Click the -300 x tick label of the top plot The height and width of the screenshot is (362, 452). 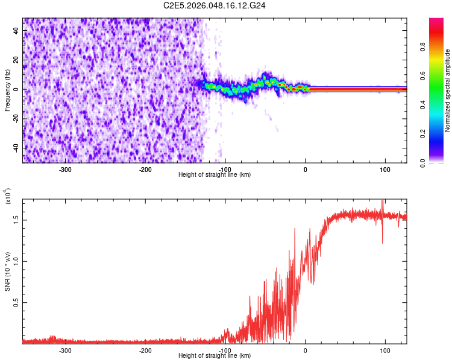pyautogui.click(x=65, y=170)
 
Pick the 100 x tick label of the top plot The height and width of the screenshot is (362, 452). pyautogui.click(x=385, y=170)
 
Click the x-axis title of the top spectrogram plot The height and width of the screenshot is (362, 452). pyautogui.click(x=215, y=175)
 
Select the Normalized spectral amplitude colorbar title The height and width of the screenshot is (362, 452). pyautogui.click(x=448, y=91)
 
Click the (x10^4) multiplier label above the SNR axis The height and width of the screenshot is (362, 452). pyautogui.click(x=8, y=197)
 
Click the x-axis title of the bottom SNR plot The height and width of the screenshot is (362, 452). pyautogui.click(x=215, y=356)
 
